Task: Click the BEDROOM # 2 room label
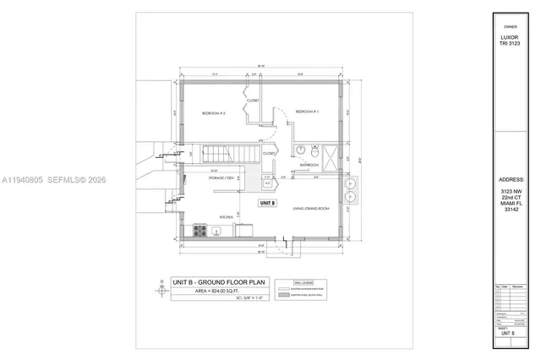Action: point(213,112)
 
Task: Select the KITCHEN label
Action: point(226,217)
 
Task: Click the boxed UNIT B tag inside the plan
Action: point(268,204)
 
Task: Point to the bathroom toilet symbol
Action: point(302,150)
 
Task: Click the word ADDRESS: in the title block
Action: point(512,180)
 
